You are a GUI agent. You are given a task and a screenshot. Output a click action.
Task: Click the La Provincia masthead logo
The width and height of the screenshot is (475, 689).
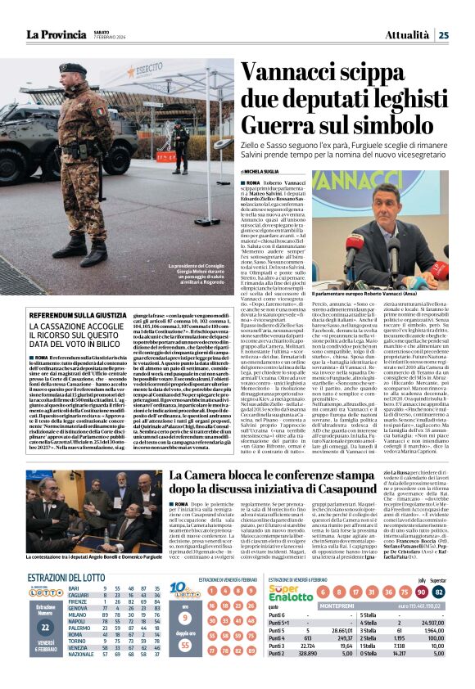click(x=57, y=34)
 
